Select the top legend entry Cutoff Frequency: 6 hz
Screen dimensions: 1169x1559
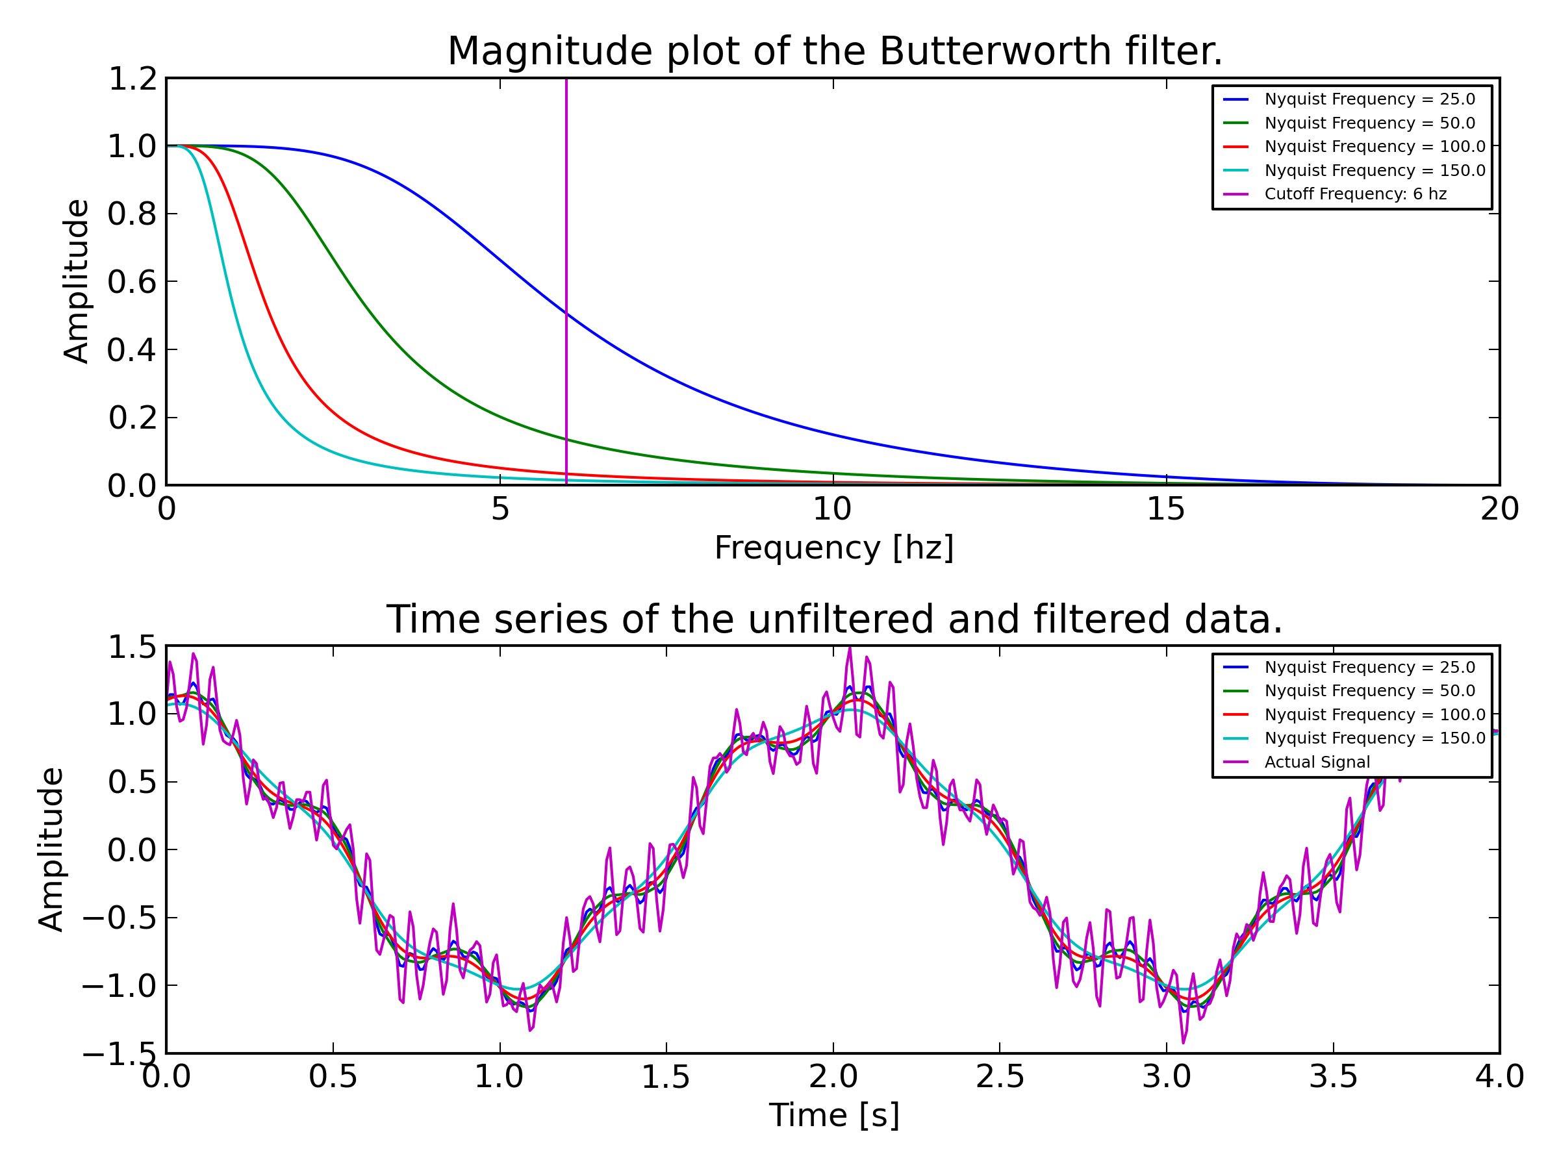tap(1354, 194)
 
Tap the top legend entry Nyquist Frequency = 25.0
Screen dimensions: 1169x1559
tap(1369, 99)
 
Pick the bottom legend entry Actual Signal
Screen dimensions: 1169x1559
tap(1317, 762)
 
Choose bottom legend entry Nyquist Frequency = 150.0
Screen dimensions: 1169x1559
tap(1375, 738)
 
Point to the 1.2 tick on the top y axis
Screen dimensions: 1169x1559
tap(132, 79)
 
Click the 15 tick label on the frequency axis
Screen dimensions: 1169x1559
tap(1166, 509)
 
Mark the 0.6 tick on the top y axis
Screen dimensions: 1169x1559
tap(132, 282)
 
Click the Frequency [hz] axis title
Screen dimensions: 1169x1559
tap(834, 548)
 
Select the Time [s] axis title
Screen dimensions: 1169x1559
tap(834, 1116)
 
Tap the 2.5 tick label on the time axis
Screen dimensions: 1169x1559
tap(1000, 1077)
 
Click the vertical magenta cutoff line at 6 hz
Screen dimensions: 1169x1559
tap(566, 211)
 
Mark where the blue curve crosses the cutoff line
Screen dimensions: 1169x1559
tap(566, 314)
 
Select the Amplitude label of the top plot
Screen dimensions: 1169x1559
tap(76, 282)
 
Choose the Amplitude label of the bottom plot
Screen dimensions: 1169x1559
tap(51, 849)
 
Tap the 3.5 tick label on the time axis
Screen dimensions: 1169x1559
tap(1333, 1077)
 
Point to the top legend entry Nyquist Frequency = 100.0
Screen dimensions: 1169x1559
tap(1375, 147)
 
